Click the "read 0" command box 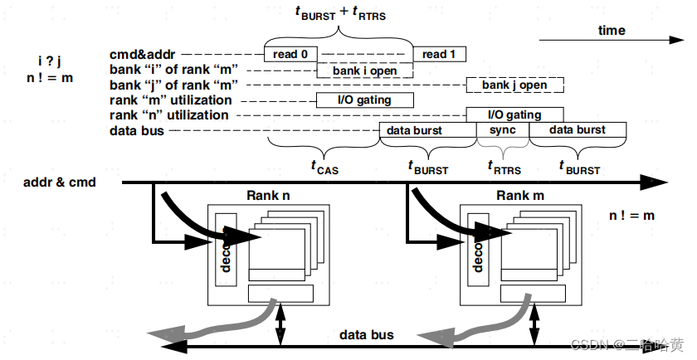[x=290, y=54]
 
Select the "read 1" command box [x=439, y=54]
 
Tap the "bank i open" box [x=365, y=70]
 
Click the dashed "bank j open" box [x=514, y=85]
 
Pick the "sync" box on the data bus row [x=502, y=130]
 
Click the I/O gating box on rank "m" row [x=365, y=100]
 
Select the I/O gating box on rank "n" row [x=514, y=114]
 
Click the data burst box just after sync [x=577, y=130]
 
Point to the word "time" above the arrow [x=612, y=31]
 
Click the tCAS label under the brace [x=324, y=168]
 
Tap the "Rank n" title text [x=268, y=196]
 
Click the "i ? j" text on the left [x=51, y=61]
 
